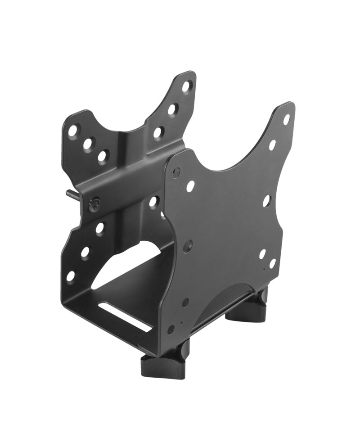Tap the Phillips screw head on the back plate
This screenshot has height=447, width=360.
coord(94,205)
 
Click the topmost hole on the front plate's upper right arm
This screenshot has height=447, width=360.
coord(286,120)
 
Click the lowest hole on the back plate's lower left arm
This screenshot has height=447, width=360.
coord(71,276)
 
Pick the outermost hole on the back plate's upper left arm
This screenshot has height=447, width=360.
coord(72,131)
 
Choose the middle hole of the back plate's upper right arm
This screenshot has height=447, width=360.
coord(172,109)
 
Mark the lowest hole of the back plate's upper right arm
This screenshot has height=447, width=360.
coord(158,132)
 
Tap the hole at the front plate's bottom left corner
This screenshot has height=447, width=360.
coord(171,329)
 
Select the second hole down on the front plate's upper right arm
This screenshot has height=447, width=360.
coord(272,145)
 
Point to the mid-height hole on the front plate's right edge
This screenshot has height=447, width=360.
coord(266,201)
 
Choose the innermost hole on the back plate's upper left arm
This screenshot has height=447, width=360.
coord(103,156)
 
